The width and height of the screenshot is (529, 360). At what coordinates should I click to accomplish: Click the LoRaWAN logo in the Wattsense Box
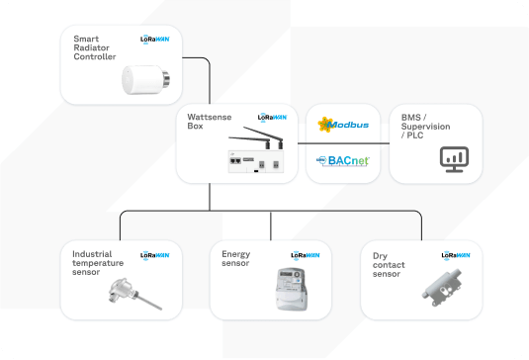pos(272,117)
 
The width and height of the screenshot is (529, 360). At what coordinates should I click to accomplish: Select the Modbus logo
pos(342,126)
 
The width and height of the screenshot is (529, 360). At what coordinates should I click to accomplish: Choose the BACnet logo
pos(342,159)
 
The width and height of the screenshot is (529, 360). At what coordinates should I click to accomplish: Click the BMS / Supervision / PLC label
pos(424,126)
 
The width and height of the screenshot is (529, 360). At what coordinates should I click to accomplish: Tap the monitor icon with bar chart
pos(455,158)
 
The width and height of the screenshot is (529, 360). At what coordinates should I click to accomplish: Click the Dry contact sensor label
pos(387,265)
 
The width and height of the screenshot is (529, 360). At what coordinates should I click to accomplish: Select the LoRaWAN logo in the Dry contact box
pos(455,255)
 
